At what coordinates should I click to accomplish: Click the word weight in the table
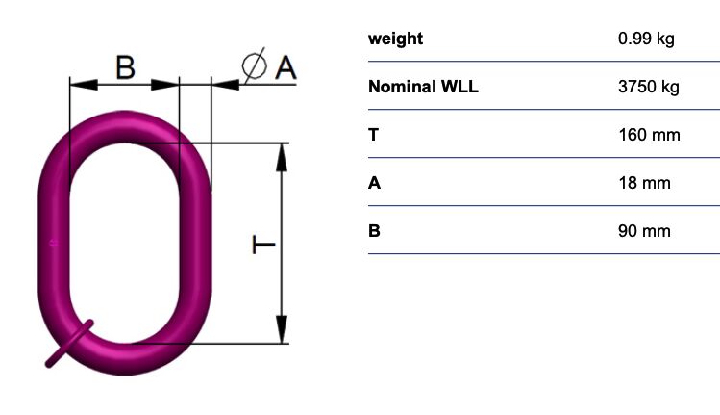pos(395,39)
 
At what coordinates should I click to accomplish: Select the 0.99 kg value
pos(646,39)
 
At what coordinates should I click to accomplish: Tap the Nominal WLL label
pos(423,87)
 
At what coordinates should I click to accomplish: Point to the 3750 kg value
pos(648,87)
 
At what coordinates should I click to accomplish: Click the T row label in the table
pos(373,135)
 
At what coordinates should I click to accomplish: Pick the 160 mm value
pos(649,135)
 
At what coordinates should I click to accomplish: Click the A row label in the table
pos(374,183)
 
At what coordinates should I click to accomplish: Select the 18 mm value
pos(644,183)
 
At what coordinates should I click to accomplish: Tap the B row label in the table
pos(374,230)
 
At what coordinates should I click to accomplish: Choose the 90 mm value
pos(644,230)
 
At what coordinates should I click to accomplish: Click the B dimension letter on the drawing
pos(125,67)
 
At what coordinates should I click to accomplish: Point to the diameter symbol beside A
pos(255,65)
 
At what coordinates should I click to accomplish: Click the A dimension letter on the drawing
pos(286,67)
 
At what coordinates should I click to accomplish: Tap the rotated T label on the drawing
pos(263,245)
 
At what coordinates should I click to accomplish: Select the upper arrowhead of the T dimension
pos(282,157)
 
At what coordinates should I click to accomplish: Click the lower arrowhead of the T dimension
pos(282,329)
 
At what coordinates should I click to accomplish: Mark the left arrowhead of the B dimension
pos(84,85)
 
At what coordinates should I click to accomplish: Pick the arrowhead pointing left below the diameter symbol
pos(225,85)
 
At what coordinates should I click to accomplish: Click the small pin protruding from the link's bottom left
pos(69,344)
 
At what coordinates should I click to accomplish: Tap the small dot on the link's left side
pos(54,243)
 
